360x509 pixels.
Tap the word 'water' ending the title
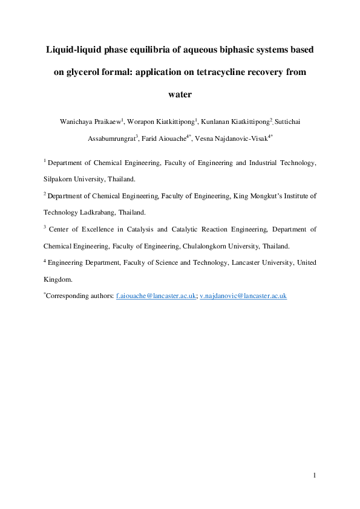(180, 95)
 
